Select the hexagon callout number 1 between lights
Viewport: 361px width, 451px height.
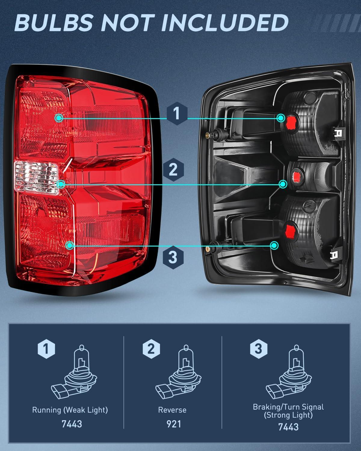(x=177, y=115)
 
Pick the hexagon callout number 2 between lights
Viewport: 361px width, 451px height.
(x=173, y=170)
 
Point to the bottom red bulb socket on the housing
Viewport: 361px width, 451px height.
(x=291, y=229)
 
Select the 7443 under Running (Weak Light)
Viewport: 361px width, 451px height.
(x=72, y=424)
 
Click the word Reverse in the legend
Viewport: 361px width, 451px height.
(x=172, y=410)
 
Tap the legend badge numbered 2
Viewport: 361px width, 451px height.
(x=150, y=349)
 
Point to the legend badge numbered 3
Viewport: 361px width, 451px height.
(x=258, y=349)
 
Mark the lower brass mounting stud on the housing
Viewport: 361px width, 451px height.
(x=207, y=248)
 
